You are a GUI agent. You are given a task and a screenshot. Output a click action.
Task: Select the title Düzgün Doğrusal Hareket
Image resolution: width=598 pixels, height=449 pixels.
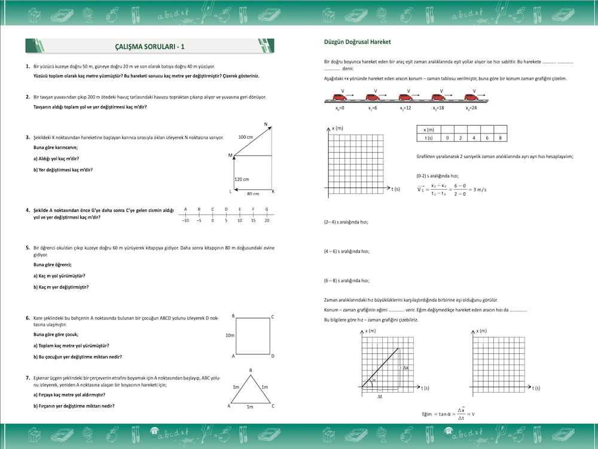coord(356,43)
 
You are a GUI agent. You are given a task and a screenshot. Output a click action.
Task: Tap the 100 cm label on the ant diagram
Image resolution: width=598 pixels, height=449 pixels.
coord(246,137)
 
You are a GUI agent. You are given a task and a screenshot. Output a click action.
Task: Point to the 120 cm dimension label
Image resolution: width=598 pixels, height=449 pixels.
coord(242,179)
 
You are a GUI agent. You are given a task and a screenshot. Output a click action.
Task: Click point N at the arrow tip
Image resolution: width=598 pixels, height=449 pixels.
coord(266,124)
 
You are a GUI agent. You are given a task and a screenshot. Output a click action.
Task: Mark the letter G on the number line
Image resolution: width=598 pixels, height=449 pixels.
coord(267,209)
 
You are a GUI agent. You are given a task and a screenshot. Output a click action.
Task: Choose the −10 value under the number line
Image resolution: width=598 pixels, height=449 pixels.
coord(185,220)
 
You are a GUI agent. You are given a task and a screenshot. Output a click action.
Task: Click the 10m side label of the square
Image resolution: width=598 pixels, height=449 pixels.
coord(229,335)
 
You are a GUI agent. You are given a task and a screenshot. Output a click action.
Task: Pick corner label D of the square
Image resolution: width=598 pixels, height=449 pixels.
coord(273,356)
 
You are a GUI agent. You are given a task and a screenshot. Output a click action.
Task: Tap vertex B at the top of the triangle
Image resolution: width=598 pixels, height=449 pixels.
coord(251,370)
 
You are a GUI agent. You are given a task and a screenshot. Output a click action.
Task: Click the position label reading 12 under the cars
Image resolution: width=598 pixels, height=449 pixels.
coord(405,109)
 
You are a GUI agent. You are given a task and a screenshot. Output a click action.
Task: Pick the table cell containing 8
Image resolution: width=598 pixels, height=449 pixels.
coord(500,138)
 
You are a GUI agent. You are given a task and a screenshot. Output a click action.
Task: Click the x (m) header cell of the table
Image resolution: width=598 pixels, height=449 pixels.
coord(428,129)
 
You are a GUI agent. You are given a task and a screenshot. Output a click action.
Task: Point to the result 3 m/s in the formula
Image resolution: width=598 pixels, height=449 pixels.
coord(475,190)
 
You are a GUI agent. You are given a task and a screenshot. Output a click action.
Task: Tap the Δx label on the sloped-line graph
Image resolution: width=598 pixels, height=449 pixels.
coord(405,368)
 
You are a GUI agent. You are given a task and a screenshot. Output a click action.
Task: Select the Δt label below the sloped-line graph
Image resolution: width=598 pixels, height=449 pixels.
coord(379,396)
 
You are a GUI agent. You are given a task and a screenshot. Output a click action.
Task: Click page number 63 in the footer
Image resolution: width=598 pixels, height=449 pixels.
coord(154,431)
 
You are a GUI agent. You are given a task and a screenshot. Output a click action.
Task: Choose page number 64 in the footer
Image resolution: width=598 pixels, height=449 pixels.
coord(448,431)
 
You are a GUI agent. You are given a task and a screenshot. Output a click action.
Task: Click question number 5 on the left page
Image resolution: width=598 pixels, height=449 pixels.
coord(28,247)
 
